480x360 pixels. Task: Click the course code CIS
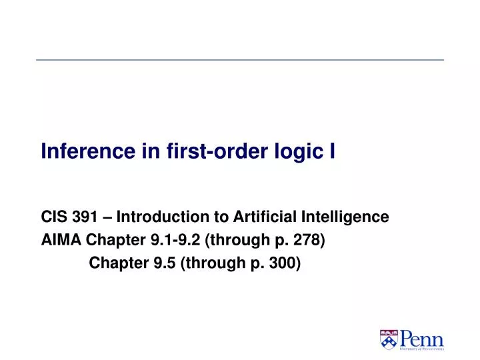[x=53, y=217]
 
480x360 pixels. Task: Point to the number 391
[x=84, y=217]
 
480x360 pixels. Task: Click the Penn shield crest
[x=388, y=339]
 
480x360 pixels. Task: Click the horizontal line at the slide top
[x=240, y=60]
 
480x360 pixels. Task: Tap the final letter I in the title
[x=332, y=153]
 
